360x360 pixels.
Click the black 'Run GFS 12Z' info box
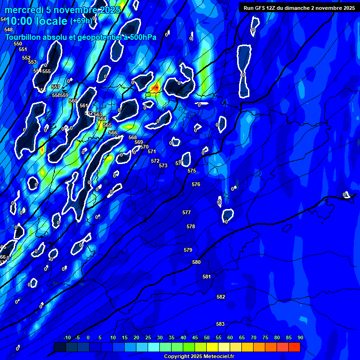click(x=299, y=7)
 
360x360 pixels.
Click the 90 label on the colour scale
click(x=300, y=337)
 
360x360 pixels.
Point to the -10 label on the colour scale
click(x=67, y=337)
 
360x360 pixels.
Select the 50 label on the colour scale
click(x=207, y=337)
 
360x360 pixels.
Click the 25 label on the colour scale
click(x=148, y=337)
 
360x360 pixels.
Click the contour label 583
click(x=220, y=324)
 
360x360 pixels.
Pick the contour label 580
click(x=196, y=262)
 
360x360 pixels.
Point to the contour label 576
click(x=196, y=184)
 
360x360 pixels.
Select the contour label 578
click(x=191, y=226)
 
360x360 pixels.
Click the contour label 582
click(x=221, y=297)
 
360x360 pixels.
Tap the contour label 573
click(x=163, y=165)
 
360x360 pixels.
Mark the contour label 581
click(x=207, y=277)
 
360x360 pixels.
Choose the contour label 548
click(x=8, y=30)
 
